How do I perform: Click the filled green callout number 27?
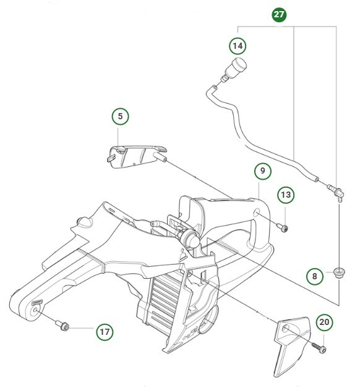(x=280, y=14)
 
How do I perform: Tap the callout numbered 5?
(x=121, y=116)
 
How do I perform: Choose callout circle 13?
(x=285, y=195)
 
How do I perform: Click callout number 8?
(x=315, y=276)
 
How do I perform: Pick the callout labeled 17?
(x=105, y=331)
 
